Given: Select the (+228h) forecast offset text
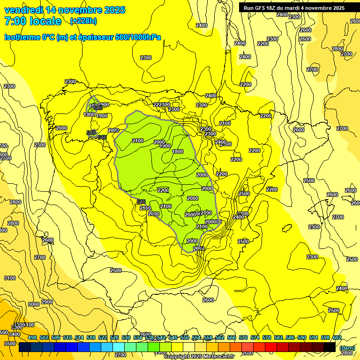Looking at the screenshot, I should pos(83,21).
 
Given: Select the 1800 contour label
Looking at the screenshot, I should pos(178,151).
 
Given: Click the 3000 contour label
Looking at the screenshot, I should pos(34,304).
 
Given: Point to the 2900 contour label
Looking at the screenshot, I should pos(47,302).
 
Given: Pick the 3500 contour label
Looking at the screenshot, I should pos(9,344).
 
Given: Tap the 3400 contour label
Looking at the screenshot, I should pos(15,334).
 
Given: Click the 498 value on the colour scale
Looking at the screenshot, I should pos(32,337).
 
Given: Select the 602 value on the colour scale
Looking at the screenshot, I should pos(337,337).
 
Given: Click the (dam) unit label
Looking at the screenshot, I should pos(347,348).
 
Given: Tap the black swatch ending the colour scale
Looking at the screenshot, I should pos(330,347).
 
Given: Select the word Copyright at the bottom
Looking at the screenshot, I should pos(177,357).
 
